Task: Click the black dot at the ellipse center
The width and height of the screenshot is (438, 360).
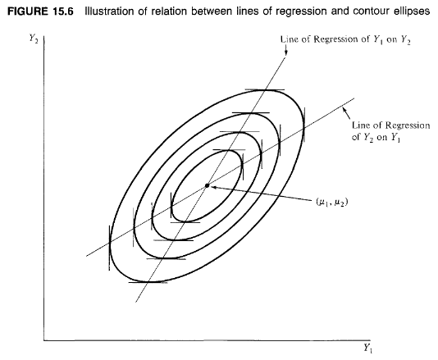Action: (x=207, y=185)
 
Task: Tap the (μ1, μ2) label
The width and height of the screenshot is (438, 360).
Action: (x=332, y=202)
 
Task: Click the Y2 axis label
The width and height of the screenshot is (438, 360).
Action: (x=34, y=38)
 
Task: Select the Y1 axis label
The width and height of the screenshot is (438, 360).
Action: (x=367, y=349)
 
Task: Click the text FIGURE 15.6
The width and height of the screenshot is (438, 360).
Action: (x=40, y=11)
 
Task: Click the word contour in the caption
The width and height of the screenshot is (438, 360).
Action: (x=365, y=11)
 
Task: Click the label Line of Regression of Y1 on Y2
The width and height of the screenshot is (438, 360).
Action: (x=345, y=39)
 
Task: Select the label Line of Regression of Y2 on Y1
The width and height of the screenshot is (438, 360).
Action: (x=390, y=131)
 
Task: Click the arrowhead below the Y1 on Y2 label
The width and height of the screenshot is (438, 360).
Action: (x=285, y=52)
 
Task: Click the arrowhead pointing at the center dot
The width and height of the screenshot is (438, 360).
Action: (x=213, y=187)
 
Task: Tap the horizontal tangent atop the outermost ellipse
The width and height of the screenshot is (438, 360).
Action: (x=265, y=90)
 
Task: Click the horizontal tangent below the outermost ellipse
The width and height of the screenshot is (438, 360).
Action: (x=148, y=282)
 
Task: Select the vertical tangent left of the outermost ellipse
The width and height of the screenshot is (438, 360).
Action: (x=109, y=248)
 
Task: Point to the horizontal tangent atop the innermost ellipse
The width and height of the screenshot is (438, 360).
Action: (x=229, y=150)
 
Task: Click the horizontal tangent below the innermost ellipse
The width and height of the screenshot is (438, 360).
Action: (x=185, y=222)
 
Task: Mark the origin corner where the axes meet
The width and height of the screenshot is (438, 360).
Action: (x=43, y=340)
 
